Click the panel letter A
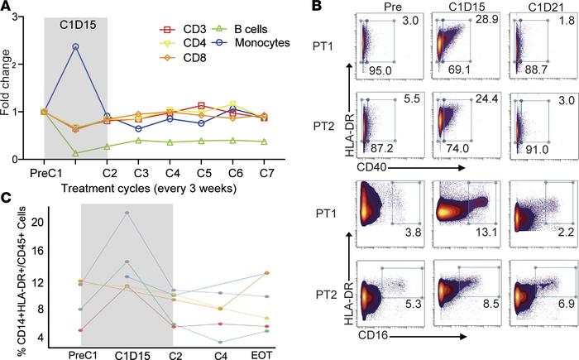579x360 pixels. coord(7,7)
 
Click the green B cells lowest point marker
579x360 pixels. coord(76,153)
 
